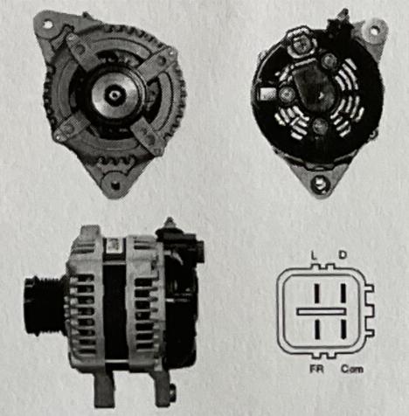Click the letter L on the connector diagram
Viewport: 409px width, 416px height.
pyautogui.click(x=314, y=256)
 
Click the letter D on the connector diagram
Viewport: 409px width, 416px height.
pyautogui.click(x=343, y=255)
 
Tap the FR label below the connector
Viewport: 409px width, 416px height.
pyautogui.click(x=317, y=369)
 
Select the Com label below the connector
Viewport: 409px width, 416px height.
pyautogui.click(x=352, y=369)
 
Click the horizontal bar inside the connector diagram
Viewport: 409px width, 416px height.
pyautogui.click(x=322, y=312)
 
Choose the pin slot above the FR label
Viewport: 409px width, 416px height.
pyautogui.click(x=317, y=329)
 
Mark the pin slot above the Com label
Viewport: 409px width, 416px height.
pyautogui.click(x=343, y=329)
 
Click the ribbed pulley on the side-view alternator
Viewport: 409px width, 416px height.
pyautogui.click(x=43, y=306)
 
